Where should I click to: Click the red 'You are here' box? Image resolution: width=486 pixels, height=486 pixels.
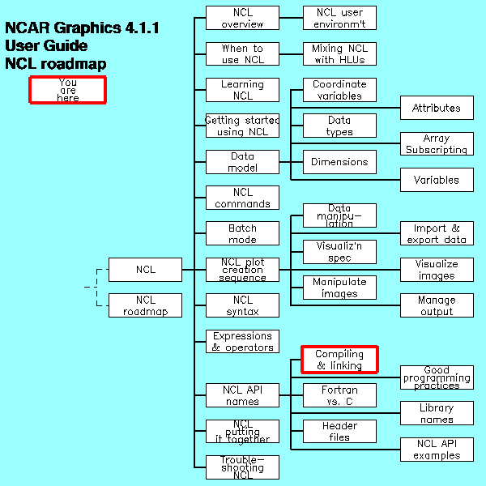[x=68, y=90]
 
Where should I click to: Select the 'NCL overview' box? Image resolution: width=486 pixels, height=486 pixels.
[x=242, y=18]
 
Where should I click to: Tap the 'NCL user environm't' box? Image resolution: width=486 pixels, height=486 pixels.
[x=339, y=18]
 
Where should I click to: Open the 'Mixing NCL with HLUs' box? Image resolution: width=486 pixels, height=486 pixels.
[x=339, y=54]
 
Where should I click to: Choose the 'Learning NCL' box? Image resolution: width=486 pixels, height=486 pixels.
[x=242, y=90]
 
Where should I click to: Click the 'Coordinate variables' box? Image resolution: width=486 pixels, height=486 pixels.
[x=339, y=90]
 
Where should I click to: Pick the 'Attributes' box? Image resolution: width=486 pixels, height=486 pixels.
[x=437, y=108]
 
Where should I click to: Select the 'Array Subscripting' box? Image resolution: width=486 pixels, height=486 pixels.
[x=437, y=144]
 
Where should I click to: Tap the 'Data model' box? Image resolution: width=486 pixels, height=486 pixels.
[x=242, y=162]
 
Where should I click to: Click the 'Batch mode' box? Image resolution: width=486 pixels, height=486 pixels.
[x=242, y=234]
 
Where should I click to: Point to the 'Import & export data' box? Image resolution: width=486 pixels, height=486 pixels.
[x=437, y=234]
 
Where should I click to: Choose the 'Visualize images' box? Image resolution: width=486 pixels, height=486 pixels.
[x=437, y=270]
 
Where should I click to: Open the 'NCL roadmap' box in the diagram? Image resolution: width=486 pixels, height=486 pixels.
[x=145, y=305]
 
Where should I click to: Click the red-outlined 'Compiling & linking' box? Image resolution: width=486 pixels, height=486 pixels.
[x=339, y=360]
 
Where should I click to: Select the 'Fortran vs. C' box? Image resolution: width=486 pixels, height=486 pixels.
[x=339, y=395]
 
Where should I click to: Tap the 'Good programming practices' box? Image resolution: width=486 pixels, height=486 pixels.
[x=437, y=377]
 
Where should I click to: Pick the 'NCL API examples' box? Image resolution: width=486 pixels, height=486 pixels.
[x=437, y=450]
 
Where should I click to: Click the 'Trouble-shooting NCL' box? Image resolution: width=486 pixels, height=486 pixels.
[x=242, y=467]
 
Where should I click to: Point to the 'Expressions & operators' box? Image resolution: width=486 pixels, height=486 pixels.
[x=242, y=342]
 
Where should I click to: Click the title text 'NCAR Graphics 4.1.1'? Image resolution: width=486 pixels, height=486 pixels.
[x=82, y=28]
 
